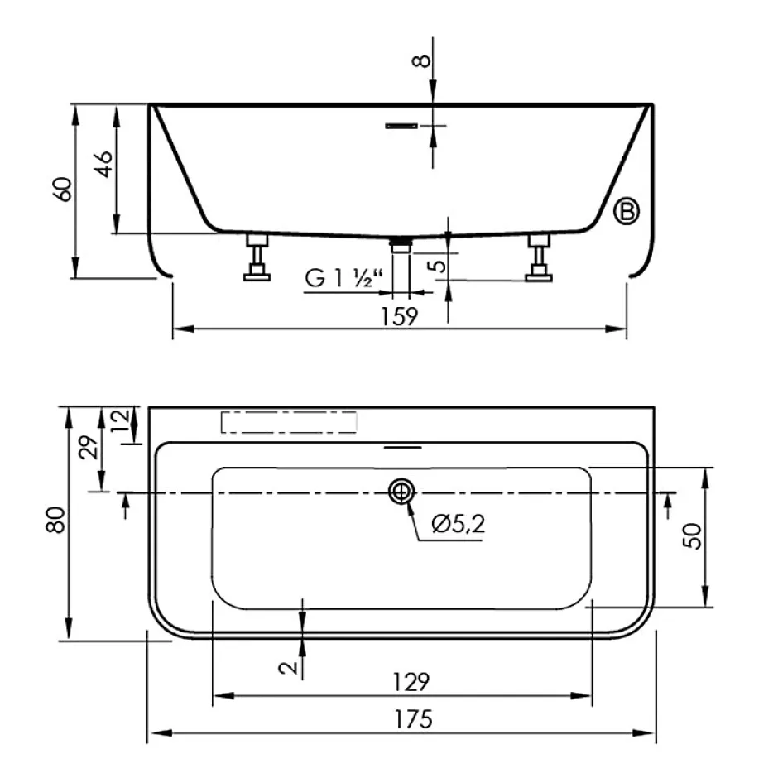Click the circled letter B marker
(627, 211)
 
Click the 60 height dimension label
(63, 189)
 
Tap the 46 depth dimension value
(104, 164)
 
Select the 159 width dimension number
(400, 316)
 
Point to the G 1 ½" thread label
(343, 278)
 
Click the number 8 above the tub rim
(421, 61)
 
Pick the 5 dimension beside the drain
(438, 266)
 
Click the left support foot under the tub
(257, 257)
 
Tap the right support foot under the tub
(539, 258)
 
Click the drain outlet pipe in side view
(401, 246)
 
